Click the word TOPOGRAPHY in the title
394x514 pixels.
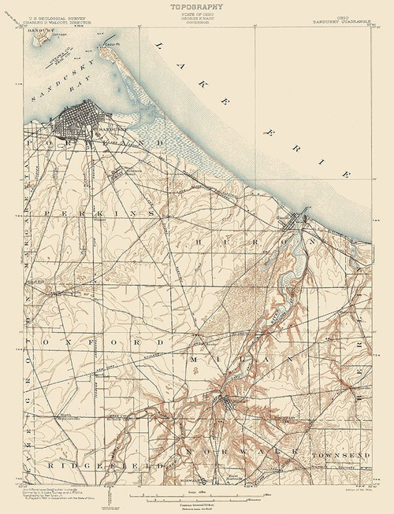pos(195,6)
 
